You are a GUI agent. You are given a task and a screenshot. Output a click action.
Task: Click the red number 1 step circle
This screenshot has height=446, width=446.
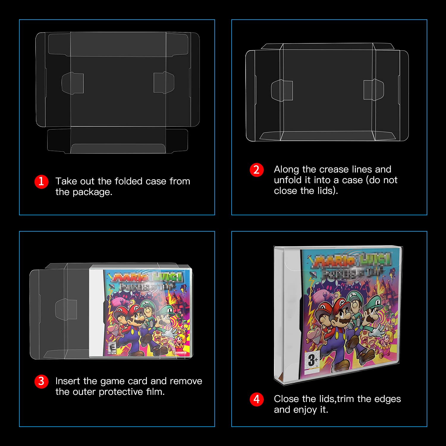(x=41, y=181)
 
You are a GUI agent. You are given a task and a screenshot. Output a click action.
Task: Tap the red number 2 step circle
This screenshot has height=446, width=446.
(x=257, y=170)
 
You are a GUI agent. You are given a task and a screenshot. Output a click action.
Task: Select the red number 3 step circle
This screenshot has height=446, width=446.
(x=41, y=381)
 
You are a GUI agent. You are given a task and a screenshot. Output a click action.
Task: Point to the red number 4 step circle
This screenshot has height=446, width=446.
(x=257, y=399)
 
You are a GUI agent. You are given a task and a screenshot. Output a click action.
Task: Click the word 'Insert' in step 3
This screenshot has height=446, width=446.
(x=68, y=381)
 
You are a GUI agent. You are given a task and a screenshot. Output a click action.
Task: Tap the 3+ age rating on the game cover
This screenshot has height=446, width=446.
(x=313, y=360)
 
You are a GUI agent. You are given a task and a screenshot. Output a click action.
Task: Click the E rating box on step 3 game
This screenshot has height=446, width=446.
(x=112, y=348)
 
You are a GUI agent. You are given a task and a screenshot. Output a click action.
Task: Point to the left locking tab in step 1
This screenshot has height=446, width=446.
(x=73, y=83)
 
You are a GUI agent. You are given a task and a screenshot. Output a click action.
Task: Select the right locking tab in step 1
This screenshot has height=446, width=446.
(x=164, y=82)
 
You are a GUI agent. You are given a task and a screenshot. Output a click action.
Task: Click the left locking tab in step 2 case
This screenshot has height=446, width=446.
(x=282, y=90)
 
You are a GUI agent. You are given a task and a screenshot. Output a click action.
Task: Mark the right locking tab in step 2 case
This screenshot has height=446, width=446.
(x=374, y=89)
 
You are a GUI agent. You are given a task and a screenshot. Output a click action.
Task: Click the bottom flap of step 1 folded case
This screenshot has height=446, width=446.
(x=118, y=140)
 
